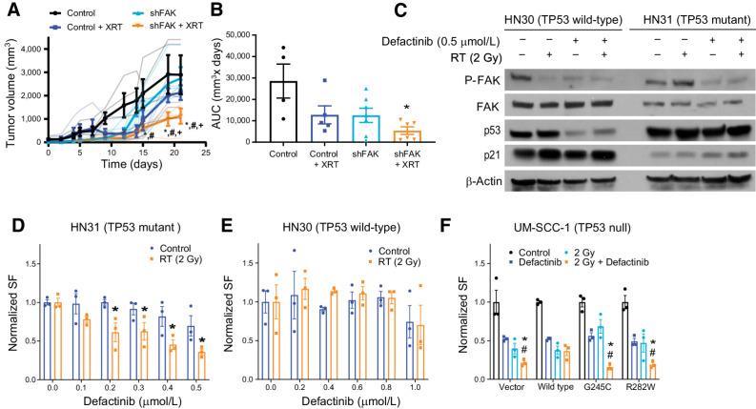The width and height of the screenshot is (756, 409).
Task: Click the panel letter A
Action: pos(9,10)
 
